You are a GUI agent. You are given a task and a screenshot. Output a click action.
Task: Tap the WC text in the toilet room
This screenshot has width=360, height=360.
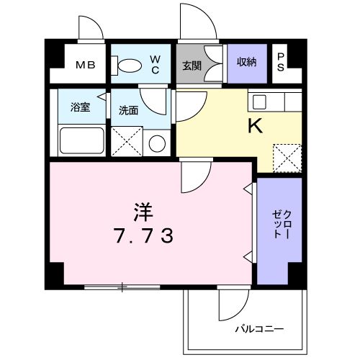click(155, 64)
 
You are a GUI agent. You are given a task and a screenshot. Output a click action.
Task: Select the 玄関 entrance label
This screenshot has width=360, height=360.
click(191, 66)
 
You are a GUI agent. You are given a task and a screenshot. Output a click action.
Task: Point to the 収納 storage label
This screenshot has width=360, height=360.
click(246, 63)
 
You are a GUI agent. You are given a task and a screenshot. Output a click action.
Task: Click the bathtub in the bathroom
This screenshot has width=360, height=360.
click(82, 140)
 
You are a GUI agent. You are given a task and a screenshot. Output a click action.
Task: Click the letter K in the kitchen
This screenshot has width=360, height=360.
click(255, 126)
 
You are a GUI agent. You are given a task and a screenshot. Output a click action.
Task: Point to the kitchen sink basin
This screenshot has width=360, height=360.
click(260, 100)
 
